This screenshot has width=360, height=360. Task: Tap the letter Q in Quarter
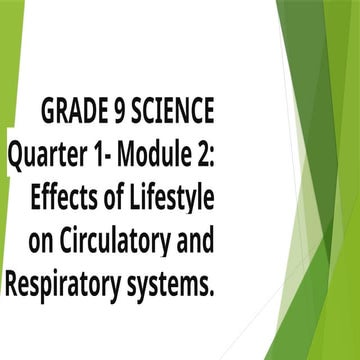click(x=17, y=153)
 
